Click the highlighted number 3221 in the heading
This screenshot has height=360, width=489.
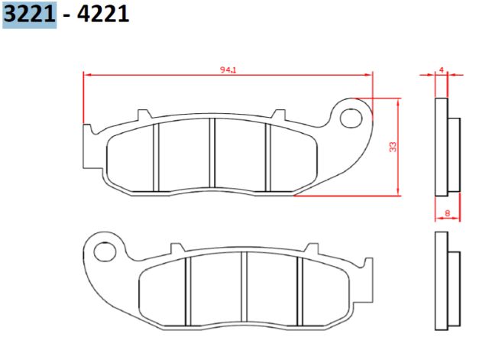[29, 14]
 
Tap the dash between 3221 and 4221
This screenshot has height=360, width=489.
[67, 15]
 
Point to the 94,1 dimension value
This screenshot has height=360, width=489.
[228, 70]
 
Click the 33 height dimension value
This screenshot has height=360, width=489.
[393, 147]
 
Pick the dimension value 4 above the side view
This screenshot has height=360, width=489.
[441, 69]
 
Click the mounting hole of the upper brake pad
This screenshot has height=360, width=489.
[351, 118]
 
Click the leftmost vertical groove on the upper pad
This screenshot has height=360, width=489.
[156, 157]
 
